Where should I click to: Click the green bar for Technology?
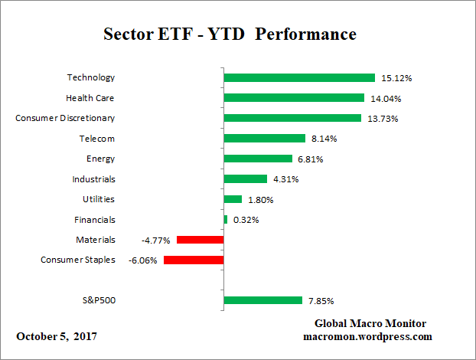299,77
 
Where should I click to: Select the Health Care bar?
294,98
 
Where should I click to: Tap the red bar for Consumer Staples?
194,260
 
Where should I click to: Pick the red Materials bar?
200,240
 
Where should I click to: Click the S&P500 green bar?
262,300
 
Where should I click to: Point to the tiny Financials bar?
226,220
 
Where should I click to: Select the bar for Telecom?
265,139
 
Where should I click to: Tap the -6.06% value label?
142,260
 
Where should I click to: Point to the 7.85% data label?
320,301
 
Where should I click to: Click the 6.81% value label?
310,159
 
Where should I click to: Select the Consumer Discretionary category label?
65,118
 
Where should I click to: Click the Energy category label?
101,159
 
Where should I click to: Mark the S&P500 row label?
97,300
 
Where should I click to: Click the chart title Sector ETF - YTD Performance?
230,35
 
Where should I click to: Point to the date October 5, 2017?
57,337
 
